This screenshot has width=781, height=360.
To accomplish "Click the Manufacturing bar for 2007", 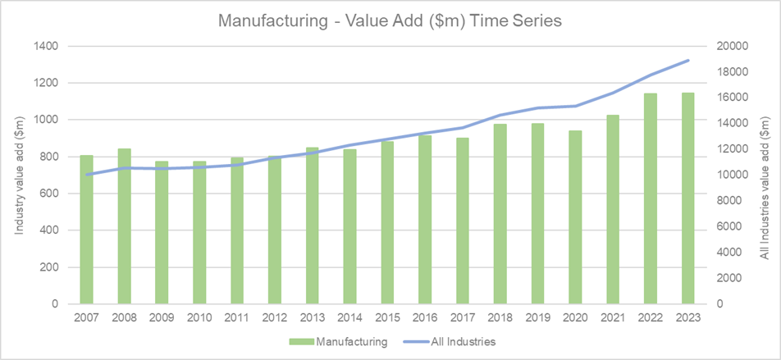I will point(86,230).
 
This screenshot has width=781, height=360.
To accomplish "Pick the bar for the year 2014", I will point(349,226).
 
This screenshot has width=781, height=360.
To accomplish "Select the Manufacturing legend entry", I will point(336,339).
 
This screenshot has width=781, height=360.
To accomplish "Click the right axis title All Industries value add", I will point(765,175).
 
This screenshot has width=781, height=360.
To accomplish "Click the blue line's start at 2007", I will point(86,174).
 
